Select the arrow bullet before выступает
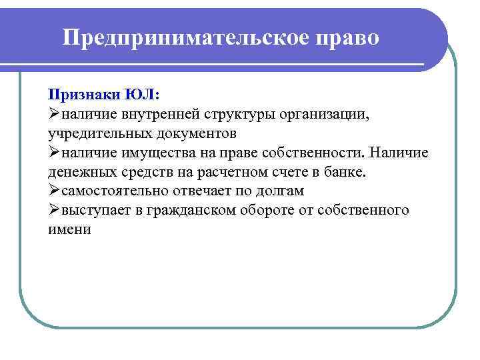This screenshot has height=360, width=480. click(x=54, y=210)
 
